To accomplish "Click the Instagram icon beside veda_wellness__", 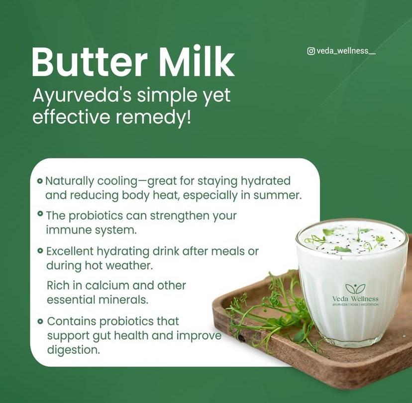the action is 311,51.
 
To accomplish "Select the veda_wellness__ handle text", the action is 346,51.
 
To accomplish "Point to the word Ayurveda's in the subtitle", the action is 82,96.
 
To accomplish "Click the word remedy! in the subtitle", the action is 153,117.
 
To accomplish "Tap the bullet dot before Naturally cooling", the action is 40,181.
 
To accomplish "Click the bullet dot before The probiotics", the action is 40,214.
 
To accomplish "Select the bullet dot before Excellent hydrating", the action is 40,251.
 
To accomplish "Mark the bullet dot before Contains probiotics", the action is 40,321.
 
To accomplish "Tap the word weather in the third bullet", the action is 128,265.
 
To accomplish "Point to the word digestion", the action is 73,350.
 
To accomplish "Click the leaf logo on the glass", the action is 355,288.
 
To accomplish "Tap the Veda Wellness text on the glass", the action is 355,299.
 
